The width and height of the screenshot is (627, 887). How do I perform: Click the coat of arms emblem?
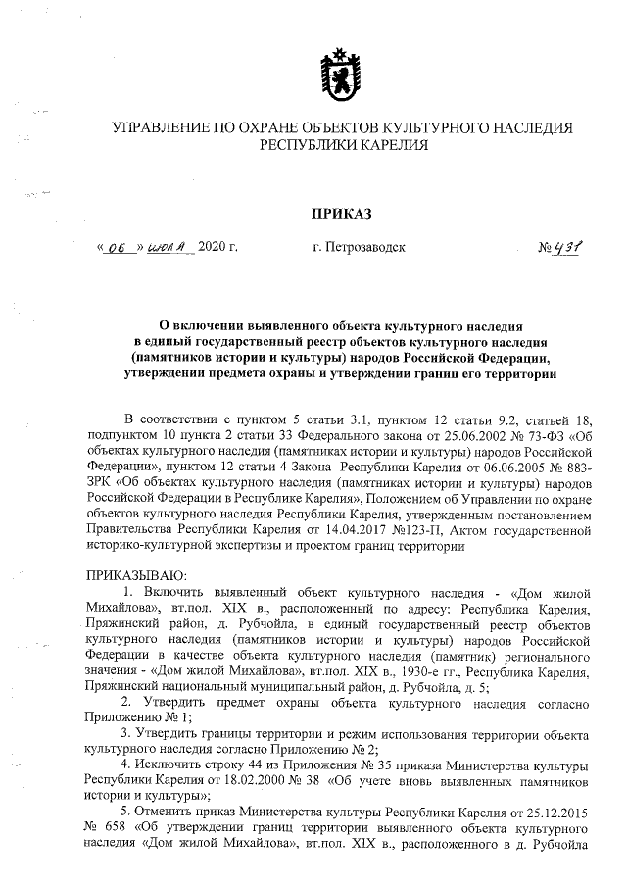pyautogui.click(x=340, y=71)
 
